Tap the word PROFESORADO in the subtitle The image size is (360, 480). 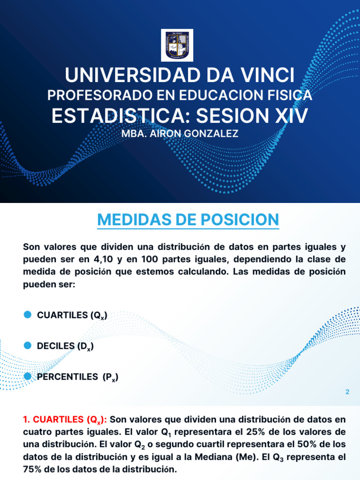[93, 96]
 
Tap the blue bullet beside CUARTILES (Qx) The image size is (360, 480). [27, 315]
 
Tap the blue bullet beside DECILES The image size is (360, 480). [27, 346]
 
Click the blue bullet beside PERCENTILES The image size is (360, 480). [27, 376]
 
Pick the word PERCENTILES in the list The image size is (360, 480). [67, 376]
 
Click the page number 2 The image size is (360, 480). [347, 392]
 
